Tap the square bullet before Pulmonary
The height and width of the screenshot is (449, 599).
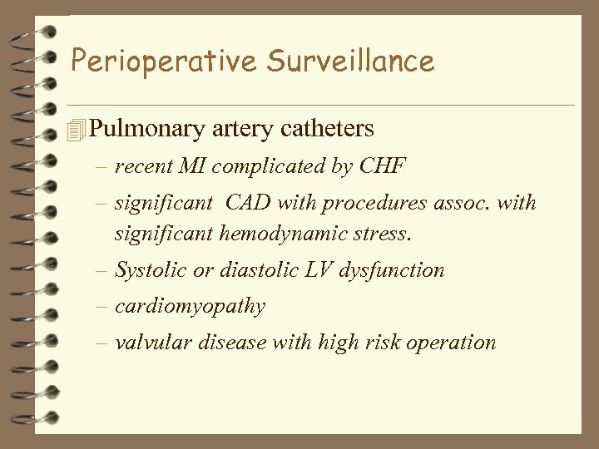78,130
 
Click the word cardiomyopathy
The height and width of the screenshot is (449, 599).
191,307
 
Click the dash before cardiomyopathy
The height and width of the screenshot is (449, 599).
101,306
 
